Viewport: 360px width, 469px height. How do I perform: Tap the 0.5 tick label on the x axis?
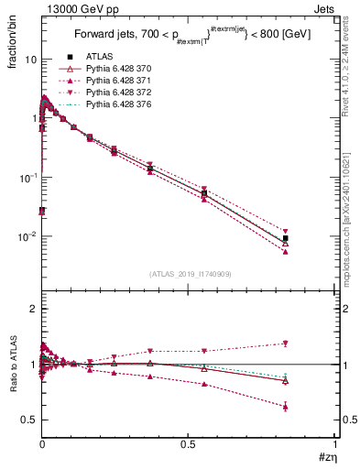[x=188, y=444]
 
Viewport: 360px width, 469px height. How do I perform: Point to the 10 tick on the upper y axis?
[x=29, y=60]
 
